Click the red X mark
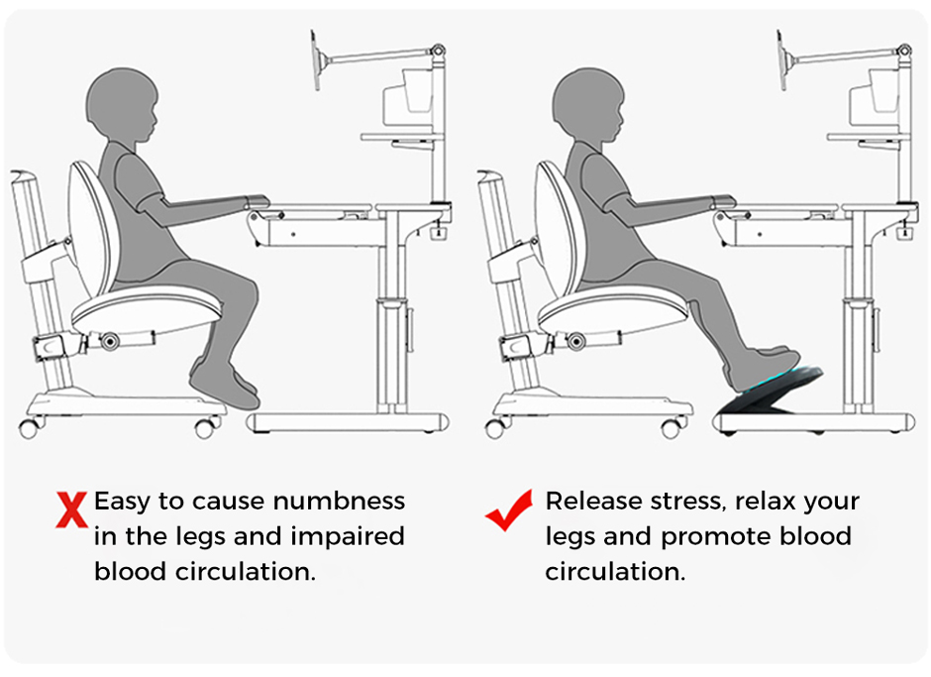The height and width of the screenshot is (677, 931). click(x=72, y=509)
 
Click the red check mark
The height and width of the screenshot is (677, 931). click(x=509, y=509)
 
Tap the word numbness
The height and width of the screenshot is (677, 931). click(x=339, y=502)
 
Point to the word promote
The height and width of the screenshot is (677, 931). click(x=715, y=537)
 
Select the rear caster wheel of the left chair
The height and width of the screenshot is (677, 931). click(x=29, y=427)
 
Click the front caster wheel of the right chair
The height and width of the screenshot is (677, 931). click(x=672, y=427)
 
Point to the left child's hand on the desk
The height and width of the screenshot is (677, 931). click(x=257, y=201)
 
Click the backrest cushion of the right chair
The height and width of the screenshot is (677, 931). click(x=560, y=229)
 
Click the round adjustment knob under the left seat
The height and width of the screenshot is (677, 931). click(x=109, y=341)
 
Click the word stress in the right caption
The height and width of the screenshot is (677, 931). click(x=688, y=503)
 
